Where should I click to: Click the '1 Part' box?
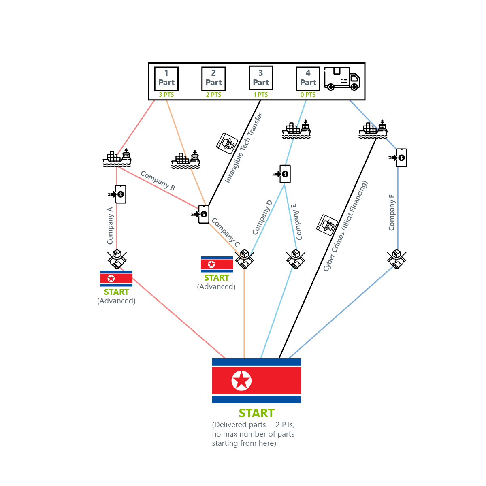coord(166,79)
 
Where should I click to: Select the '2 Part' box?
coord(213,79)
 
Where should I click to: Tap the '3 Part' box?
coord(261,78)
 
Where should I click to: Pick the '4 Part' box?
coord(308,79)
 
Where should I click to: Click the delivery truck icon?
coord(342,79)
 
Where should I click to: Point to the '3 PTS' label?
coord(166,95)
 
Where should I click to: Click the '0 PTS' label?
coord(308,95)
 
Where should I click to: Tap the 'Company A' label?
coord(110,226)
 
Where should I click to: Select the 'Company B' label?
coord(158,181)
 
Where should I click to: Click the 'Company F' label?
coord(392,213)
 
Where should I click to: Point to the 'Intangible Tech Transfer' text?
coord(244,148)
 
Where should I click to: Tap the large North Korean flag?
coord(256,381)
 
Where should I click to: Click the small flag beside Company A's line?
coord(116,279)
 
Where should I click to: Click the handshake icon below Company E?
coord(296,259)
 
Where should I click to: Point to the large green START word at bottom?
coord(257,413)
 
